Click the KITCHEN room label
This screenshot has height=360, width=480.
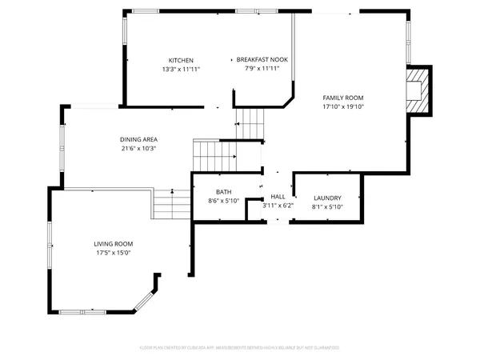click(180, 61)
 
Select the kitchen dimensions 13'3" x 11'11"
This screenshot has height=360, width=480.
click(180, 70)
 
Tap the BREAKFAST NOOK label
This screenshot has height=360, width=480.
click(262, 60)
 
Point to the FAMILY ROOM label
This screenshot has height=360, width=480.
click(343, 97)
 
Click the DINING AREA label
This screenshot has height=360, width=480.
click(138, 139)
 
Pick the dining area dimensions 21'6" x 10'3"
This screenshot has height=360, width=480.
click(138, 148)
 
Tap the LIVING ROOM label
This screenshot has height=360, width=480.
click(114, 244)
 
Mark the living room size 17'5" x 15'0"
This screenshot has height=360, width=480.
click(114, 254)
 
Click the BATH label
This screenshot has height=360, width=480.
click(224, 193)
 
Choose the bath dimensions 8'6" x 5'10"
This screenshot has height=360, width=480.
click(224, 202)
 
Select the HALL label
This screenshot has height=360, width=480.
click(278, 197)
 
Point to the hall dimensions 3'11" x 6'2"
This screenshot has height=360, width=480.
click(278, 206)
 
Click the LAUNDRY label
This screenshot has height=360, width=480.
click(327, 198)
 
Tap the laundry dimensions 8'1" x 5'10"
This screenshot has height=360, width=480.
click(327, 206)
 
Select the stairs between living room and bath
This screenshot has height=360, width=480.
click(170, 204)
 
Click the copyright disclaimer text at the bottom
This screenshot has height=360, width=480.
click(240, 348)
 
